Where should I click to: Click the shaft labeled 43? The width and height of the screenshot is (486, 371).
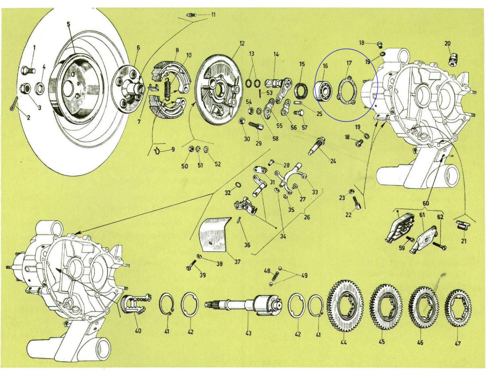[x=241, y=304]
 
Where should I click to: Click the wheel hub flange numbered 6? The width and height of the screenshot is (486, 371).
[x=128, y=90]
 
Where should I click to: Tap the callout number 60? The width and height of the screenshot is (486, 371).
[x=425, y=203]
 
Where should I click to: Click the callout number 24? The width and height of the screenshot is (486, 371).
[x=333, y=162]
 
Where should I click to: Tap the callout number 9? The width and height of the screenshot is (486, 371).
[x=173, y=150]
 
